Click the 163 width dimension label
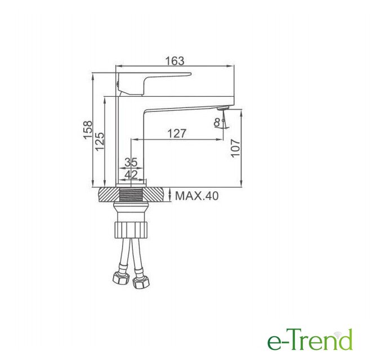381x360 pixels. [174, 61]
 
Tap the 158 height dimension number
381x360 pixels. [88, 130]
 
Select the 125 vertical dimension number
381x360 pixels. [100, 142]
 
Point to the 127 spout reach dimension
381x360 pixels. [177, 133]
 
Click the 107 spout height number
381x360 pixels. [235, 148]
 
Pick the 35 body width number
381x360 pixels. [131, 162]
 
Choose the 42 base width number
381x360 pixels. [131, 174]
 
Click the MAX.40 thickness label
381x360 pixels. [197, 196]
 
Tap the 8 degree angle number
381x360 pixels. [217, 122]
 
